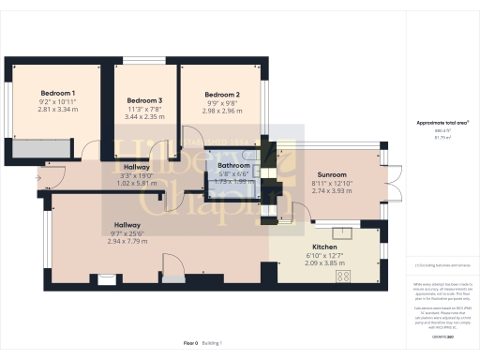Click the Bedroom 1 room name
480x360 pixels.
pos(57,93)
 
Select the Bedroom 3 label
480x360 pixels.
pos(144,100)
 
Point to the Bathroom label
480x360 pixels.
pos(233,165)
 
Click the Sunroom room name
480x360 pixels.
pos(331,174)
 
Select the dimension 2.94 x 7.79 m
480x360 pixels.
pos(127,241)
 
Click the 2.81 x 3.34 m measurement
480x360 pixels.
pos(57,109)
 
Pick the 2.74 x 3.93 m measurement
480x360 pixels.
pos(331,190)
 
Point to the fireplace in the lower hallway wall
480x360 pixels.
pos(108,277)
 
